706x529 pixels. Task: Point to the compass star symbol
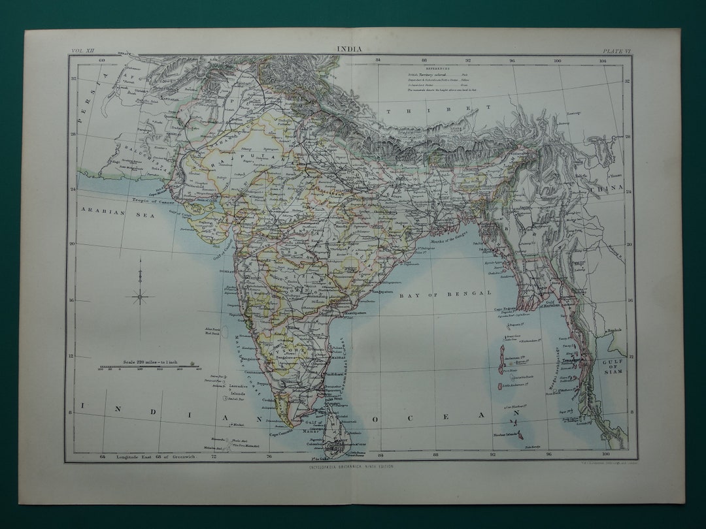(140, 297)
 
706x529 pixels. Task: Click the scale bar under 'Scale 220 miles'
(149, 369)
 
